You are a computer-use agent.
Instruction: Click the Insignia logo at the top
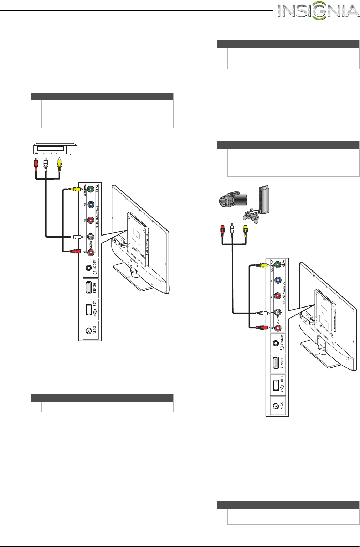pyautogui.click(x=318, y=11)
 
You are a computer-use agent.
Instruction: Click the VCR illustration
pyautogui.click(x=55, y=149)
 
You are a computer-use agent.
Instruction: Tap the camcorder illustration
pyautogui.click(x=232, y=200)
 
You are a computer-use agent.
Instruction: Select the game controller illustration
pyautogui.click(x=251, y=216)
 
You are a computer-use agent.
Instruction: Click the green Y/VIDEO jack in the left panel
pyautogui.click(x=91, y=189)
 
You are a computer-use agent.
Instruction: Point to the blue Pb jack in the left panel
pyautogui.click(x=91, y=205)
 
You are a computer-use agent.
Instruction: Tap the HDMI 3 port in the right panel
pyautogui.click(x=276, y=363)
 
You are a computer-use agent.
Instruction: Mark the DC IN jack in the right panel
pyautogui.click(x=276, y=406)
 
